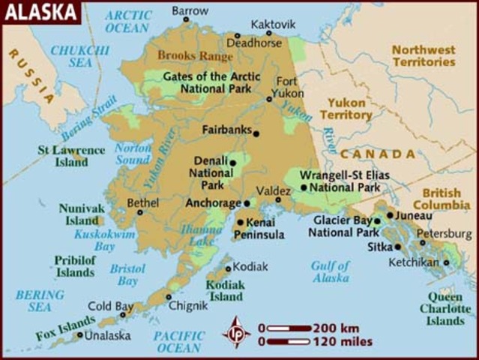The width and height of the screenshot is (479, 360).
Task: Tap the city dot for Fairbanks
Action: [x=256, y=133]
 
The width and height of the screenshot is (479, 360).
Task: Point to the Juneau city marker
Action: [x=390, y=215]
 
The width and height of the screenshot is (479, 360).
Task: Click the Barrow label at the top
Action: [x=190, y=10]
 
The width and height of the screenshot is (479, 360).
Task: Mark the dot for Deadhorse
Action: [x=238, y=35]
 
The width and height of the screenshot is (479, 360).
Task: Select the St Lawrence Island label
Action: [x=71, y=155]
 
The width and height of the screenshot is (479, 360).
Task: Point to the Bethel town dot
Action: [x=139, y=212]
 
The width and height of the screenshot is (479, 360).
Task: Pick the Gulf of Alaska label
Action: [x=331, y=271]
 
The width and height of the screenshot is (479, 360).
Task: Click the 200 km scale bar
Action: [x=289, y=328]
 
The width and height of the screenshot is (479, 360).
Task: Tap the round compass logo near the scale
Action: [x=238, y=331]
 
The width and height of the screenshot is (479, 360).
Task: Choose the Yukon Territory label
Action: [x=346, y=109]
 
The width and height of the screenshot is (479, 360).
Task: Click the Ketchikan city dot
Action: [x=446, y=262]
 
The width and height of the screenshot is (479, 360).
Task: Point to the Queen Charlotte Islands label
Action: [x=445, y=308]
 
